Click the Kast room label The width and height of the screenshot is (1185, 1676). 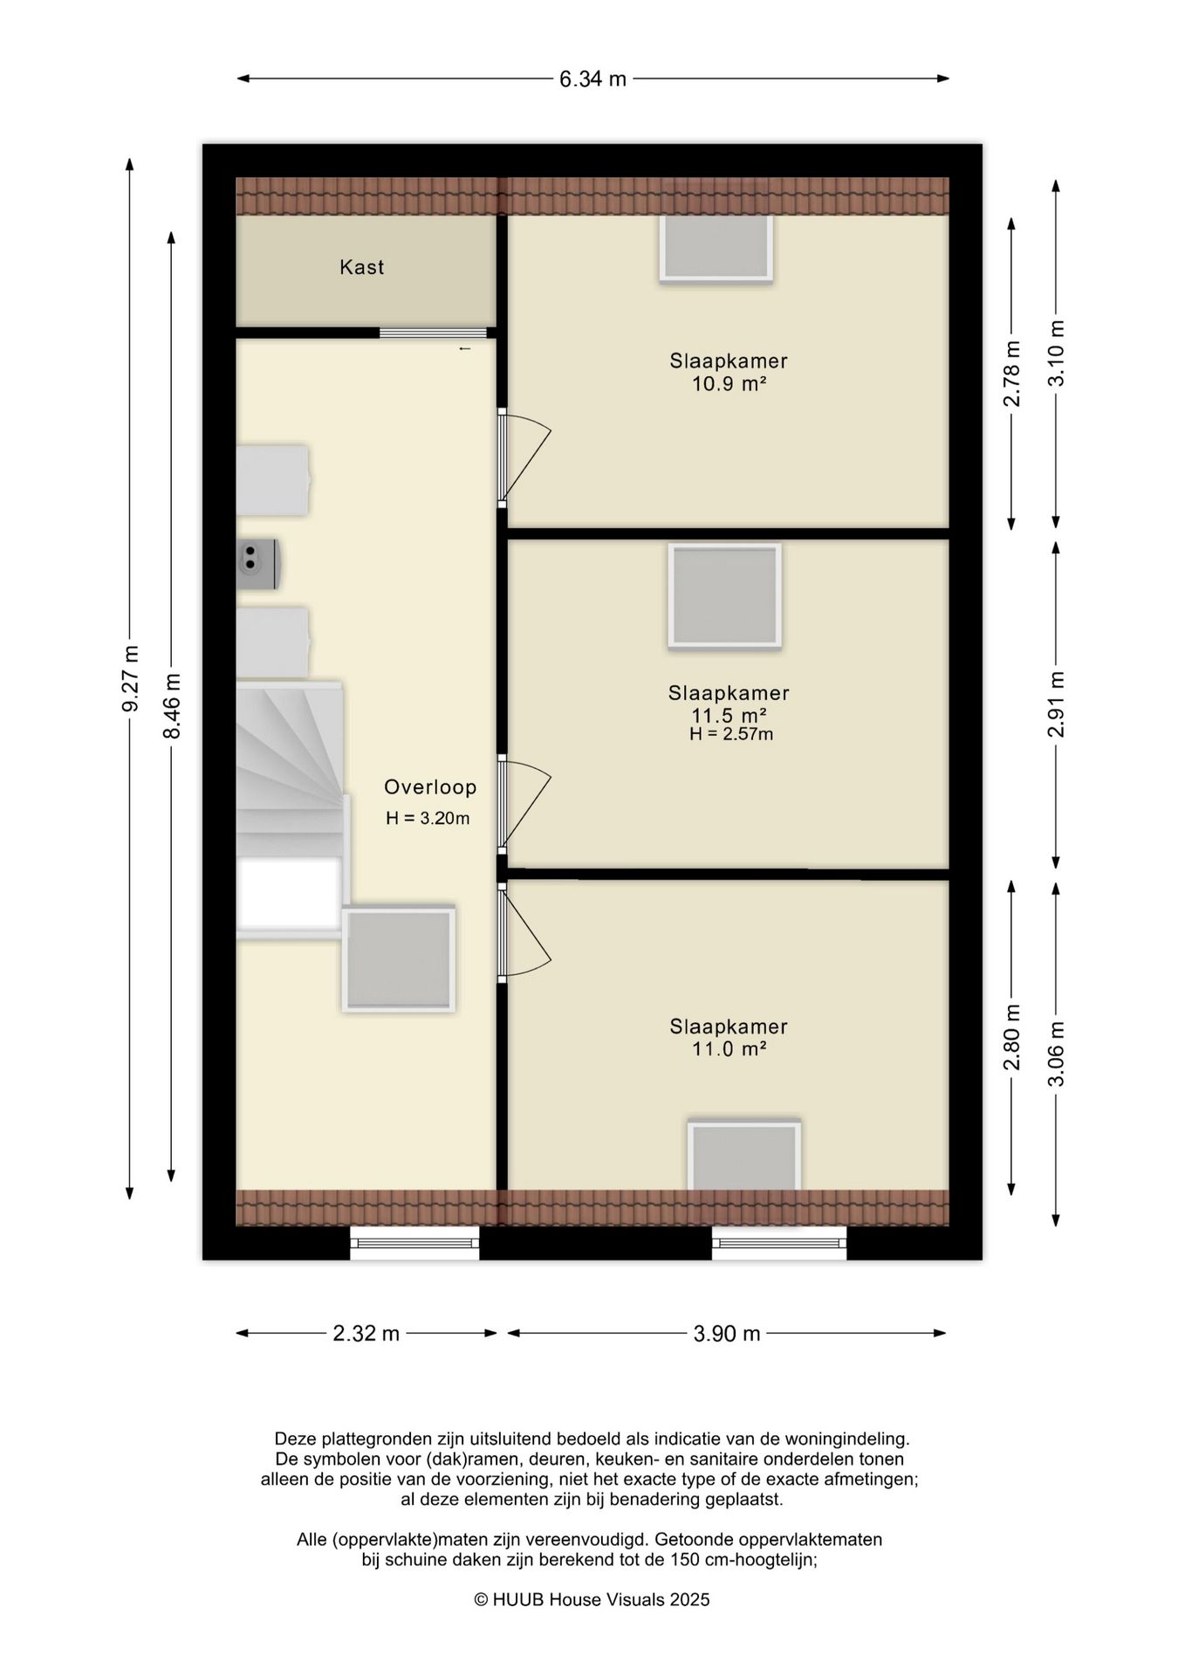(x=361, y=267)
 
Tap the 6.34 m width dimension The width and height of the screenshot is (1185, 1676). (x=592, y=79)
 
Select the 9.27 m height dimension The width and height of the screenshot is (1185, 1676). (x=130, y=678)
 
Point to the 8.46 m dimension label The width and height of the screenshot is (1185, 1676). (x=172, y=706)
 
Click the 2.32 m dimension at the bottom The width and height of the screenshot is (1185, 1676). (x=366, y=1333)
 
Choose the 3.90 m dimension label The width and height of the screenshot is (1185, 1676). (x=727, y=1333)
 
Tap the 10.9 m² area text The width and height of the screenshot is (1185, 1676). (x=729, y=383)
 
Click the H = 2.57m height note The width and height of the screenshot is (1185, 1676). (x=731, y=734)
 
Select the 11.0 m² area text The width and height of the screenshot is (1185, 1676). (x=729, y=1049)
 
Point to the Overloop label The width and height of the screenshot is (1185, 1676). (x=430, y=787)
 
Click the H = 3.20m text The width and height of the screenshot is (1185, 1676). (x=428, y=819)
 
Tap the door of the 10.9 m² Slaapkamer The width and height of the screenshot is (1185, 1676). (x=524, y=458)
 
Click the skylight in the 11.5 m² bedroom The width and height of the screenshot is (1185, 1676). (x=724, y=596)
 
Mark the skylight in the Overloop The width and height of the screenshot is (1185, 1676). (x=399, y=959)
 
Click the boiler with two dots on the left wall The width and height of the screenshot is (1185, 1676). (x=258, y=564)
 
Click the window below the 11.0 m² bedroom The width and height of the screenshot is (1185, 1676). (x=779, y=1243)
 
